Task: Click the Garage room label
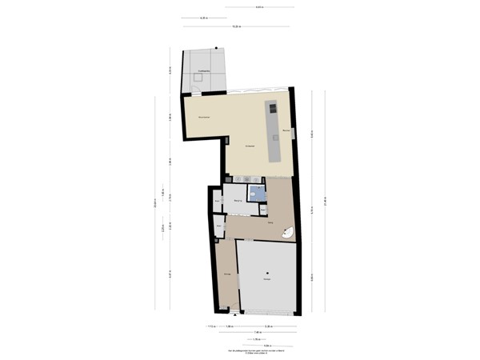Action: click(266, 279)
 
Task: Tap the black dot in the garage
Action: click(267, 273)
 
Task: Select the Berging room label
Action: click(238, 201)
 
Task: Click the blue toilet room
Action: click(258, 194)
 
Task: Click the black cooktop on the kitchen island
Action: click(272, 107)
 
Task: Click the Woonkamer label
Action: click(204, 118)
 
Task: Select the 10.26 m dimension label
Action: click(235, 27)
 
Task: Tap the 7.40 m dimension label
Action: click(258, 333)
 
